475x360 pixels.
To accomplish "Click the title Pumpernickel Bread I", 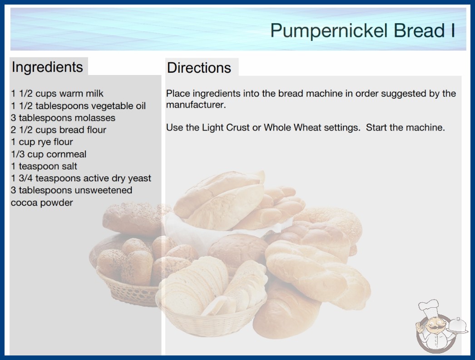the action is click(x=363, y=30).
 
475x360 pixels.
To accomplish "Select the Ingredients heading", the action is click(x=47, y=67).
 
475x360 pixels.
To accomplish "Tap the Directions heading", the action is click(x=199, y=68).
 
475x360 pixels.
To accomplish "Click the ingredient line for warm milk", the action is click(x=57, y=94).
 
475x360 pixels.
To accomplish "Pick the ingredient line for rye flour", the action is click(x=42, y=142).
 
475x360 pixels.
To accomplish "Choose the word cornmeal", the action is click(x=66, y=154).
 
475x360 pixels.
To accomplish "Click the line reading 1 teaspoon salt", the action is click(x=44, y=166).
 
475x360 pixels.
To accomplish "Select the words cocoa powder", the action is click(x=42, y=203).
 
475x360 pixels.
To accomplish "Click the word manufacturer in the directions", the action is click(x=196, y=105).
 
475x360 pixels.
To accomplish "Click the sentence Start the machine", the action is click(x=406, y=127).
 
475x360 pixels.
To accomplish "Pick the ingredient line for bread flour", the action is click(x=59, y=130).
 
